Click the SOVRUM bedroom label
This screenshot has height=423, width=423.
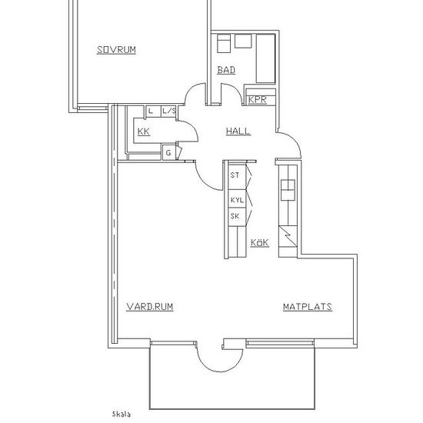tap(116, 50)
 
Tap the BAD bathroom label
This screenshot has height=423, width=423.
tap(226, 70)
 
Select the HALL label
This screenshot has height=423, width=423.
tap(238, 131)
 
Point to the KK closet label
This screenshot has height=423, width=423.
tap(144, 132)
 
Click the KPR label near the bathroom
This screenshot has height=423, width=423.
tap(258, 99)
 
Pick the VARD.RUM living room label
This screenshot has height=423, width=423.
tap(150, 307)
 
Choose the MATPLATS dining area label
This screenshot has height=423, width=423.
tap(308, 307)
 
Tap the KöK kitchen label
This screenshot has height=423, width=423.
tap(260, 242)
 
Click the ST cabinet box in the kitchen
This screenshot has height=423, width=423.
tap(237, 175)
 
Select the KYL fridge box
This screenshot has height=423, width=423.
tap(237, 199)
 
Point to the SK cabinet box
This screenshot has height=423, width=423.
tap(237, 217)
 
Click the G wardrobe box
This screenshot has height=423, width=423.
tap(169, 153)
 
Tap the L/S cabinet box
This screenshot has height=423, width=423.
tap(169, 112)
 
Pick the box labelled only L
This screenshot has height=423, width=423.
tap(154, 112)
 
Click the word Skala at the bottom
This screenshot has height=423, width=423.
tap(122, 415)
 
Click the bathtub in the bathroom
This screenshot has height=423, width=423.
tap(266, 58)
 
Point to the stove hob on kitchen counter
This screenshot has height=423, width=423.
tap(288, 190)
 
